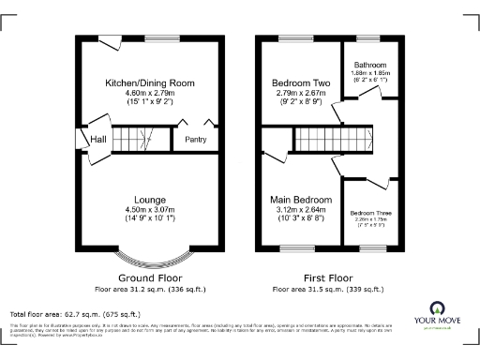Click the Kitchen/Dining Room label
tap(150, 83)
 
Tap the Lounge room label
tap(150, 200)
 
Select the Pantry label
tap(195, 140)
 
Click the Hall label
tap(97, 140)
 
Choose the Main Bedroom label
tap(301, 200)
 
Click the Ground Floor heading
tap(150, 278)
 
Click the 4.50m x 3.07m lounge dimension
tap(150, 210)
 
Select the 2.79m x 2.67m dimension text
tap(297, 94)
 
